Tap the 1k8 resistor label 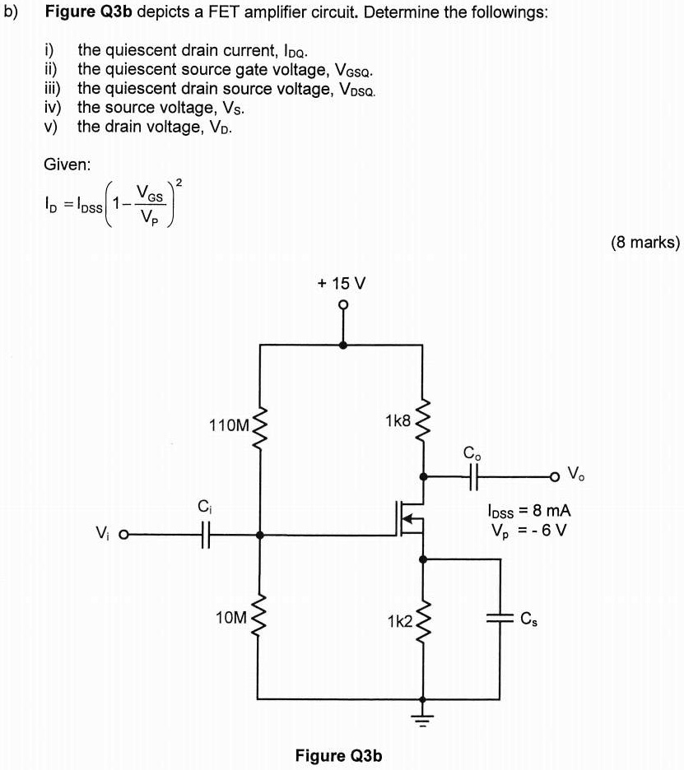click(398, 420)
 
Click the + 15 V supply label click(342, 283)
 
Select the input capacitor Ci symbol click(206, 535)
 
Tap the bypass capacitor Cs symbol click(500, 620)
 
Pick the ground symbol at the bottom click(424, 712)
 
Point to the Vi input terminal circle click(125, 536)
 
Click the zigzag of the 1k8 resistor click(424, 421)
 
